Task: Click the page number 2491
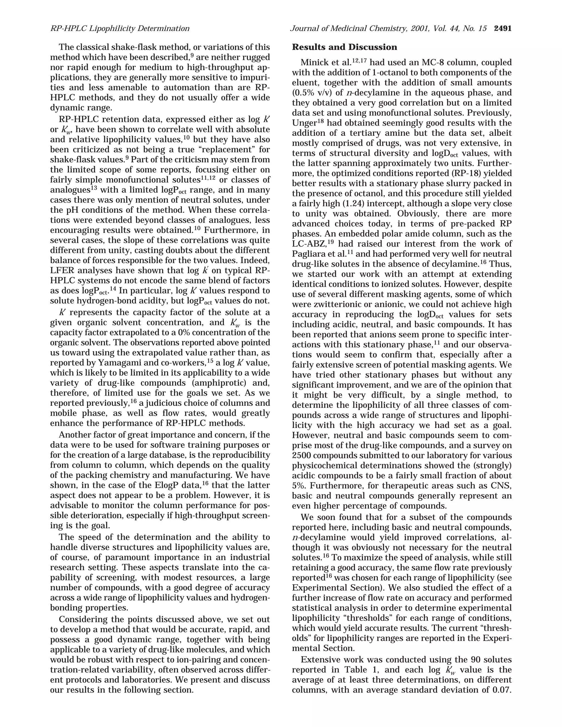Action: coord(502,29)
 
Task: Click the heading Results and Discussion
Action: coord(344,47)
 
